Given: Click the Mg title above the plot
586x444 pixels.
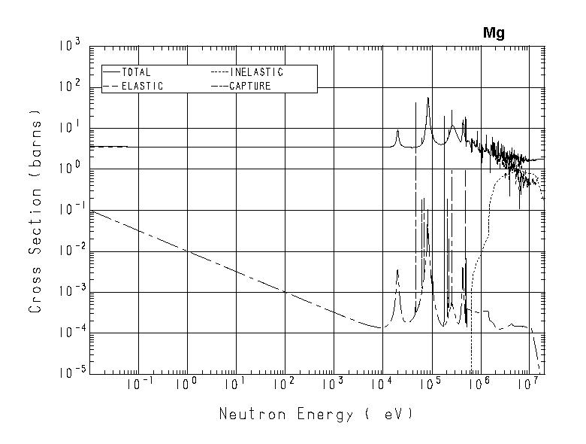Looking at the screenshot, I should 494,33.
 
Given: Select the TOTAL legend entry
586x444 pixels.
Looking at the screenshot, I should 136,72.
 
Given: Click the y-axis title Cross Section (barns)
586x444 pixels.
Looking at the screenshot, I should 35,210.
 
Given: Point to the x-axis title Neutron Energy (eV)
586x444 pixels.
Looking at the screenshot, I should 316,414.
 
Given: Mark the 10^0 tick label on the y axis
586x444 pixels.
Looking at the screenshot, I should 69,169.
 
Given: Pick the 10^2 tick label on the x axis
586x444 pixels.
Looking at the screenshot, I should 284,386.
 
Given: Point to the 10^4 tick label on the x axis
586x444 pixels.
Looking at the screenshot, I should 382,386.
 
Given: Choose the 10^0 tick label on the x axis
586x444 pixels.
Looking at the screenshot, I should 186,386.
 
